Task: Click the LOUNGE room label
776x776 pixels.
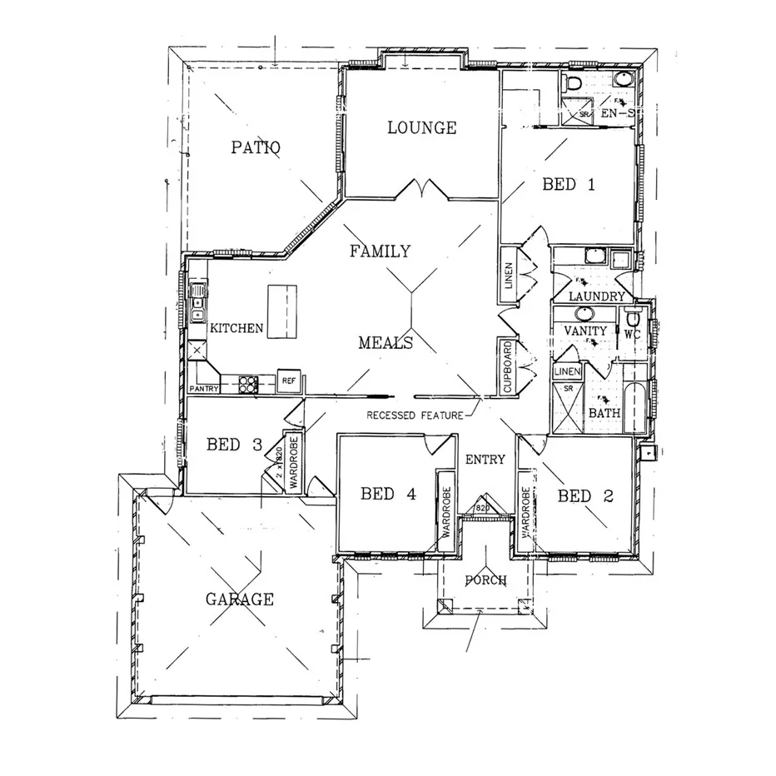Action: [x=422, y=127]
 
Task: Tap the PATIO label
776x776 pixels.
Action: [x=255, y=147]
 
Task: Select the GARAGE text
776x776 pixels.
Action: [x=240, y=599]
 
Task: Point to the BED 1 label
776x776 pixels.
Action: [x=569, y=184]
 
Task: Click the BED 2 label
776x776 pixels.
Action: [x=585, y=496]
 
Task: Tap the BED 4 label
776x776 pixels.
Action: [x=387, y=494]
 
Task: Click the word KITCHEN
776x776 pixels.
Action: [x=236, y=329]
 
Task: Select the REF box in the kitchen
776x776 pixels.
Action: [x=289, y=381]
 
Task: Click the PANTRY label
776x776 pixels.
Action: [x=205, y=389]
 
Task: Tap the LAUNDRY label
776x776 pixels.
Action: [x=596, y=296]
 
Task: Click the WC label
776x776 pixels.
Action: [x=631, y=333]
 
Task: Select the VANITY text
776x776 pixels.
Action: [x=585, y=331]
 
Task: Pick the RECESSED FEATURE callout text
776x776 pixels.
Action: [x=414, y=414]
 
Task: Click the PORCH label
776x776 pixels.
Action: [x=485, y=580]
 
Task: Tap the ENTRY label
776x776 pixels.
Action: [x=485, y=459]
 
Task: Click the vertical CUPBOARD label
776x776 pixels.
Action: [x=506, y=366]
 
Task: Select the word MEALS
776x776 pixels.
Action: [x=386, y=342]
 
